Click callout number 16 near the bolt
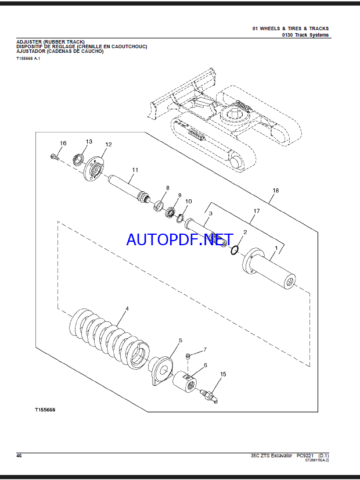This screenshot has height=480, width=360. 63,144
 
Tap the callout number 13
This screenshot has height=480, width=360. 89,141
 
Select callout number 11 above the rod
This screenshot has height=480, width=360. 135,170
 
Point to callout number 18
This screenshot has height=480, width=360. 276,191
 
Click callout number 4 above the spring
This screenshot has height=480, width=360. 127,309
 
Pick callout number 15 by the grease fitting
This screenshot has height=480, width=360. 223,374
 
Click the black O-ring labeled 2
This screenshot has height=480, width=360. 234,250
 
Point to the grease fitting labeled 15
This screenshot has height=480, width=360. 208,396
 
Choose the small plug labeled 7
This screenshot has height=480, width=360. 188,356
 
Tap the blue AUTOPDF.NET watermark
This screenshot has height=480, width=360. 180,239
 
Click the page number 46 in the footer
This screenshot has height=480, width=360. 19,456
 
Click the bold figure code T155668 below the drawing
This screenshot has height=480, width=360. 45,410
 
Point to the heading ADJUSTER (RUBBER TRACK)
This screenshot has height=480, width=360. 51,42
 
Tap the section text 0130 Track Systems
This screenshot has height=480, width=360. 305,35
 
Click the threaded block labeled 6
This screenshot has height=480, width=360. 184,381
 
